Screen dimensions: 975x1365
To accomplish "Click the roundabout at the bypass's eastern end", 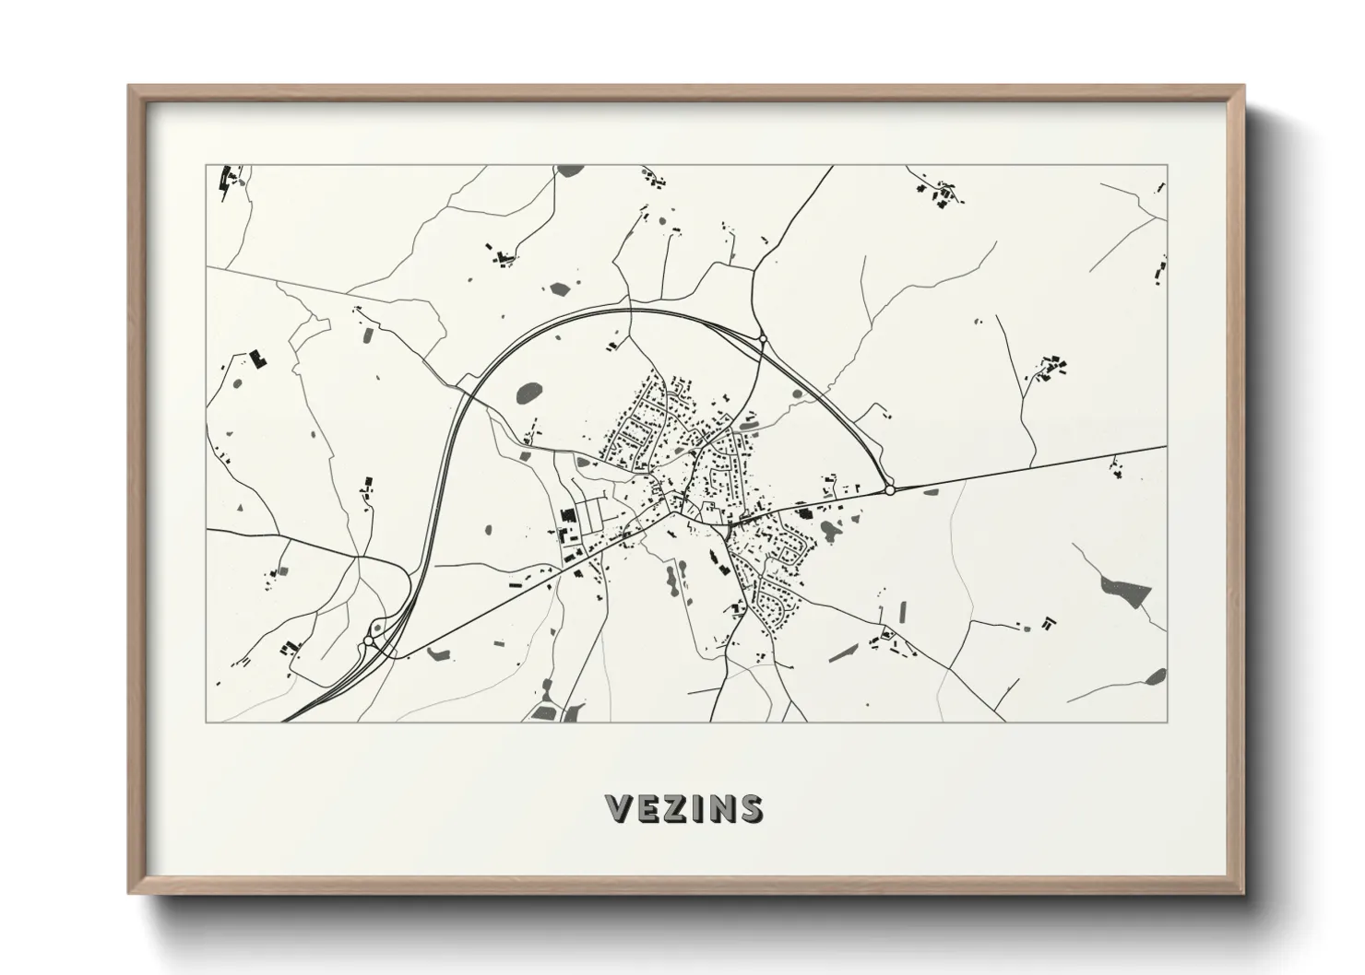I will tap(890, 491).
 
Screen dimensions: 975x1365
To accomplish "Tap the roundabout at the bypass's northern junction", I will tap(763, 340).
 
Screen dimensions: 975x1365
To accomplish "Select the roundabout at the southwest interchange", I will tap(369, 640).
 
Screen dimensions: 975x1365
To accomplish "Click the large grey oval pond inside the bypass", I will tap(529, 394).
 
